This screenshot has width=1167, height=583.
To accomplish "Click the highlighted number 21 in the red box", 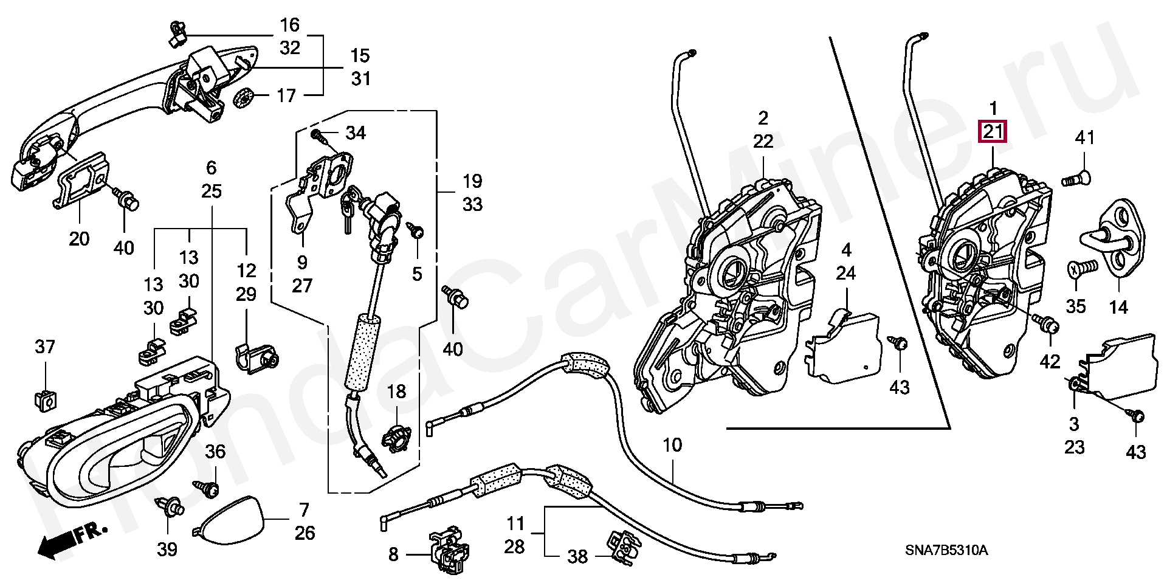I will click(992, 131).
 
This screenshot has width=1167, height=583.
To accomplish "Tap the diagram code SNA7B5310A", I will click(946, 551).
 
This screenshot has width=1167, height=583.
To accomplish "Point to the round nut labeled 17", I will click(244, 97).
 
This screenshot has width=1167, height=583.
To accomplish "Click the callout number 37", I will click(45, 347).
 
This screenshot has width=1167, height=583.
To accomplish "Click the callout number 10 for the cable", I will click(672, 445).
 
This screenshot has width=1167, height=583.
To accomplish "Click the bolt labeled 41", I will click(1076, 179).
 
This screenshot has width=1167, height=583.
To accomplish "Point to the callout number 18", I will click(396, 392).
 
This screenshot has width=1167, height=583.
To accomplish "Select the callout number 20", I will click(79, 239).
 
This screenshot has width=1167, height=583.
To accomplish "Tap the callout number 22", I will click(763, 141).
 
